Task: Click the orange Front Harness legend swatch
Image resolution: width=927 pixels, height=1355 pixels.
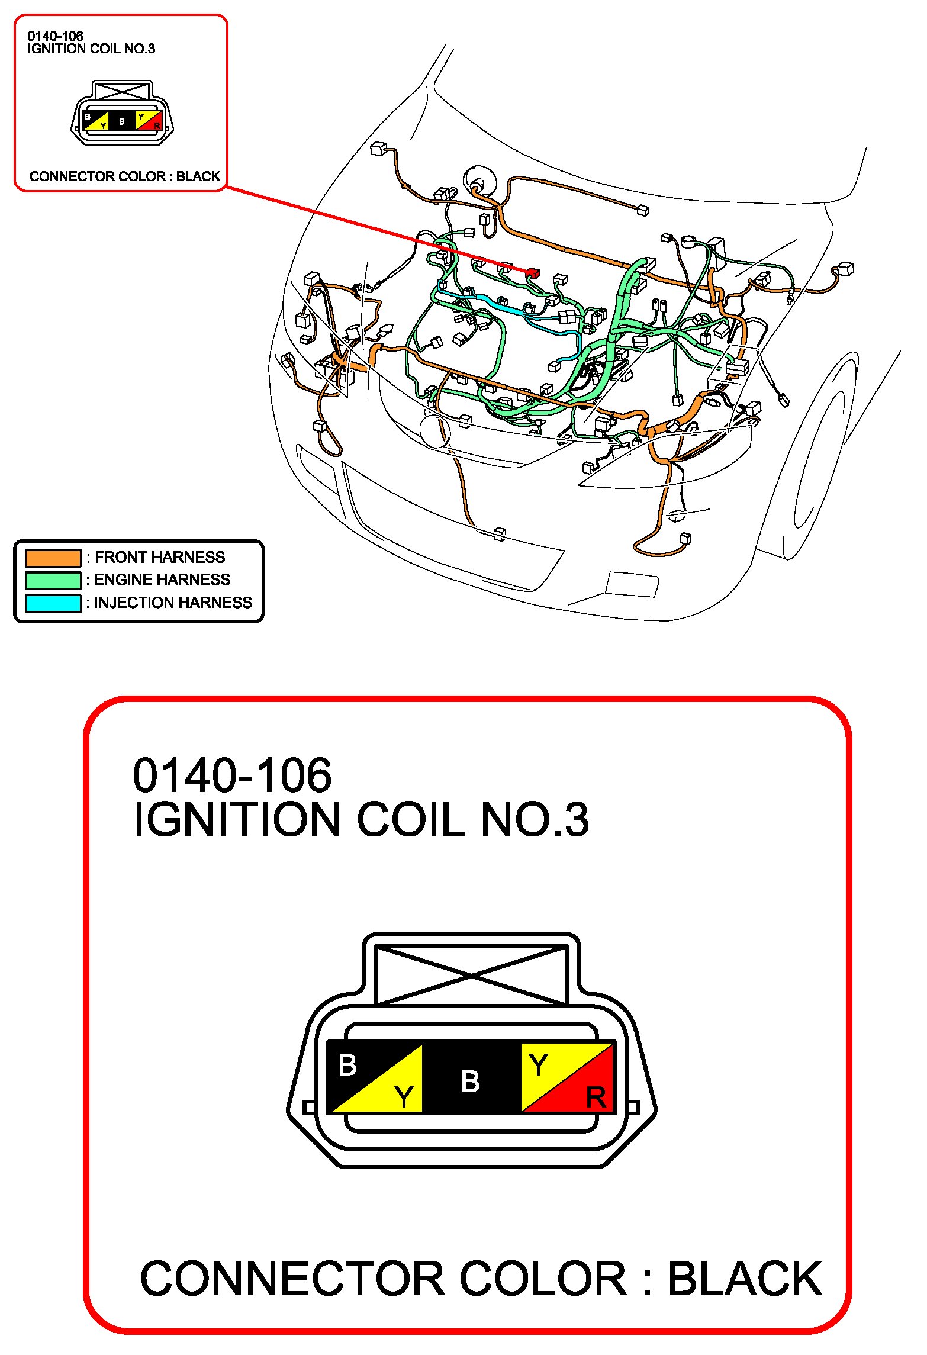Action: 53,558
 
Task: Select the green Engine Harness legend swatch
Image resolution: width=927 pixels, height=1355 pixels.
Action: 53,580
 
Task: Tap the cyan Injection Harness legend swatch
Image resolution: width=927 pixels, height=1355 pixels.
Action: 53,603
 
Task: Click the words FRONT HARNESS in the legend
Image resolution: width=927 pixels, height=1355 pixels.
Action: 160,558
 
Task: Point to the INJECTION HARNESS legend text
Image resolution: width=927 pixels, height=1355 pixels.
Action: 173,603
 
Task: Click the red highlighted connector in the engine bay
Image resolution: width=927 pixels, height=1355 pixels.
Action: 533,272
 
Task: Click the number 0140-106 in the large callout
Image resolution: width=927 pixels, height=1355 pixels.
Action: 232,775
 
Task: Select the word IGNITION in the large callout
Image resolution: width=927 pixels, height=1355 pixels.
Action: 237,820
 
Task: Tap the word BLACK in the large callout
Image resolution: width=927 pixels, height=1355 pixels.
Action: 745,1279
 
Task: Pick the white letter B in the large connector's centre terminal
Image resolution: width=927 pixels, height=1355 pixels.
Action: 470,1082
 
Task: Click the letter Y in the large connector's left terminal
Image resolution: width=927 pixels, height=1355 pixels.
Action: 404,1097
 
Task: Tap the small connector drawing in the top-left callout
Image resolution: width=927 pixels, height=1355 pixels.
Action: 122,114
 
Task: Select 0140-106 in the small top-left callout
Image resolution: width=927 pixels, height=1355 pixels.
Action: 55,36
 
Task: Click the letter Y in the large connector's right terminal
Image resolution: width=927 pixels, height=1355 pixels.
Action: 538,1065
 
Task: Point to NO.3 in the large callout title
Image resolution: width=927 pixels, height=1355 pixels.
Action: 535,820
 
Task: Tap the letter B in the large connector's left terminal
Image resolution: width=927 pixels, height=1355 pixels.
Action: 347,1065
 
